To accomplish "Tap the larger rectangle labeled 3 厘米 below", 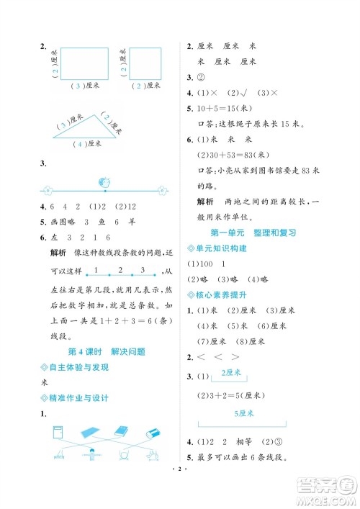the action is [x=84, y=64].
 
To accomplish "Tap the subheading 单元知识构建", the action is [x=220, y=248].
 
